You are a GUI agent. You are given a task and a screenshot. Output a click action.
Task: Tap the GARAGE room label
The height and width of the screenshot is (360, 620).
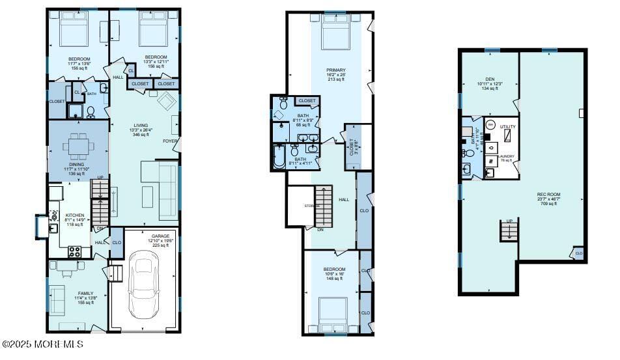[160, 236]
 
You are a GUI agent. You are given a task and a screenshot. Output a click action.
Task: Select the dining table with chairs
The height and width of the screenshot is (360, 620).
[79, 146]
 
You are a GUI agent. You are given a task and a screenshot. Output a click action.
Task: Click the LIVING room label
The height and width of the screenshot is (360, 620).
[141, 126]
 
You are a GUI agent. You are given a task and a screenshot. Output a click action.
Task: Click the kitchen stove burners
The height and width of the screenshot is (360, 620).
[75, 251]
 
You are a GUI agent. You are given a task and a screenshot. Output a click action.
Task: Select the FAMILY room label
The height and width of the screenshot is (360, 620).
[86, 293]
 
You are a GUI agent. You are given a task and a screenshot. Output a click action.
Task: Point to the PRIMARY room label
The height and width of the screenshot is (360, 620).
[336, 70]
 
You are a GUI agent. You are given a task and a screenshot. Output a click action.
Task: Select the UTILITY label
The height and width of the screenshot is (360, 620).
[507, 126]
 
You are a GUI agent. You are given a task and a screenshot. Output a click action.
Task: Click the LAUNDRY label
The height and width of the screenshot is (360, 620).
[506, 156]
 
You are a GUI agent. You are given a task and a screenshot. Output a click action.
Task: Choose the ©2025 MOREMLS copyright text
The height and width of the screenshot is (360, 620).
[43, 344]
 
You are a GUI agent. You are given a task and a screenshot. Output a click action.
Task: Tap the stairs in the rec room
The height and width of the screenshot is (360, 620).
[509, 230]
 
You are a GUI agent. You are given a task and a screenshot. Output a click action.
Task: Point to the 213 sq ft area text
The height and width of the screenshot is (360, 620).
[336, 79]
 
